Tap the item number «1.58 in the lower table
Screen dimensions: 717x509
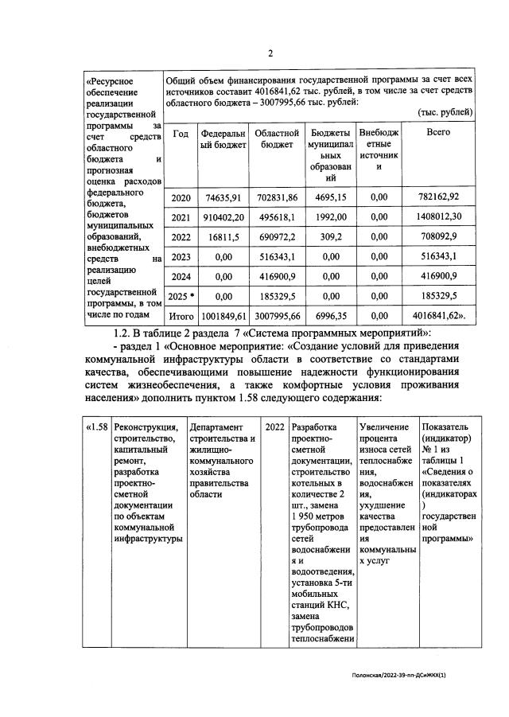[x=96, y=427]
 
